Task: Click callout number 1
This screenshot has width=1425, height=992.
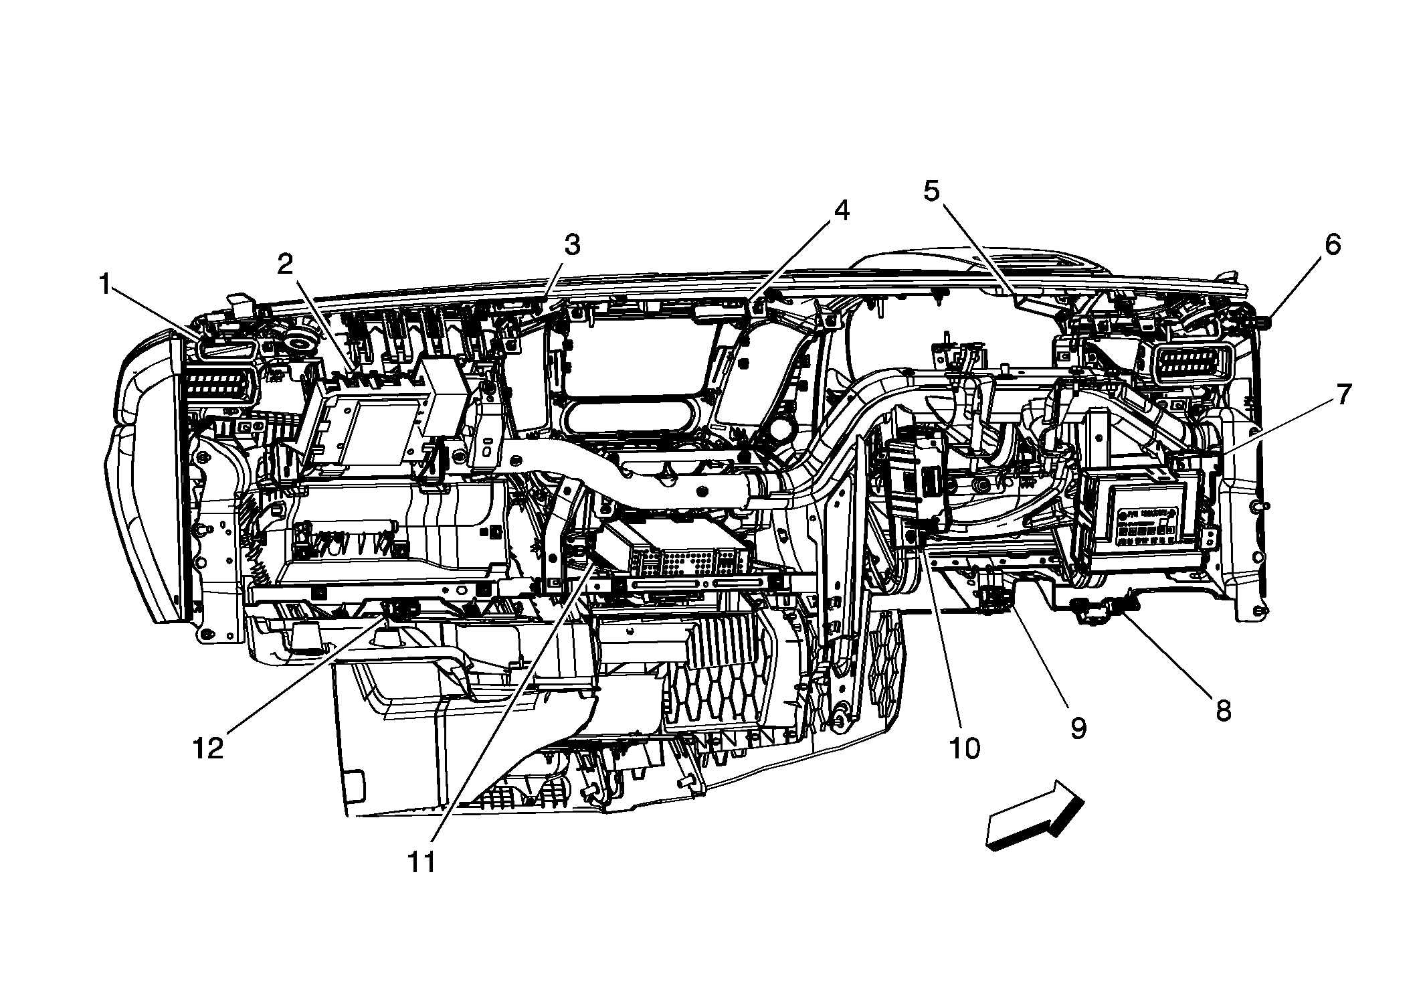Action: click(105, 286)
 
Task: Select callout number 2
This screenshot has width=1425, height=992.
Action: click(286, 265)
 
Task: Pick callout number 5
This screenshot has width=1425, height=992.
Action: click(931, 191)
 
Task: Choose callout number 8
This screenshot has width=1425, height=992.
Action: click(1223, 712)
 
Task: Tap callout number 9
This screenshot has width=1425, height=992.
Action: click(1078, 728)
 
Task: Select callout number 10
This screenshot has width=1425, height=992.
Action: click(965, 748)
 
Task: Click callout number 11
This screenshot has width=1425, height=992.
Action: click(422, 863)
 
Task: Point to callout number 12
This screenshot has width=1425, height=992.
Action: click(208, 748)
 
